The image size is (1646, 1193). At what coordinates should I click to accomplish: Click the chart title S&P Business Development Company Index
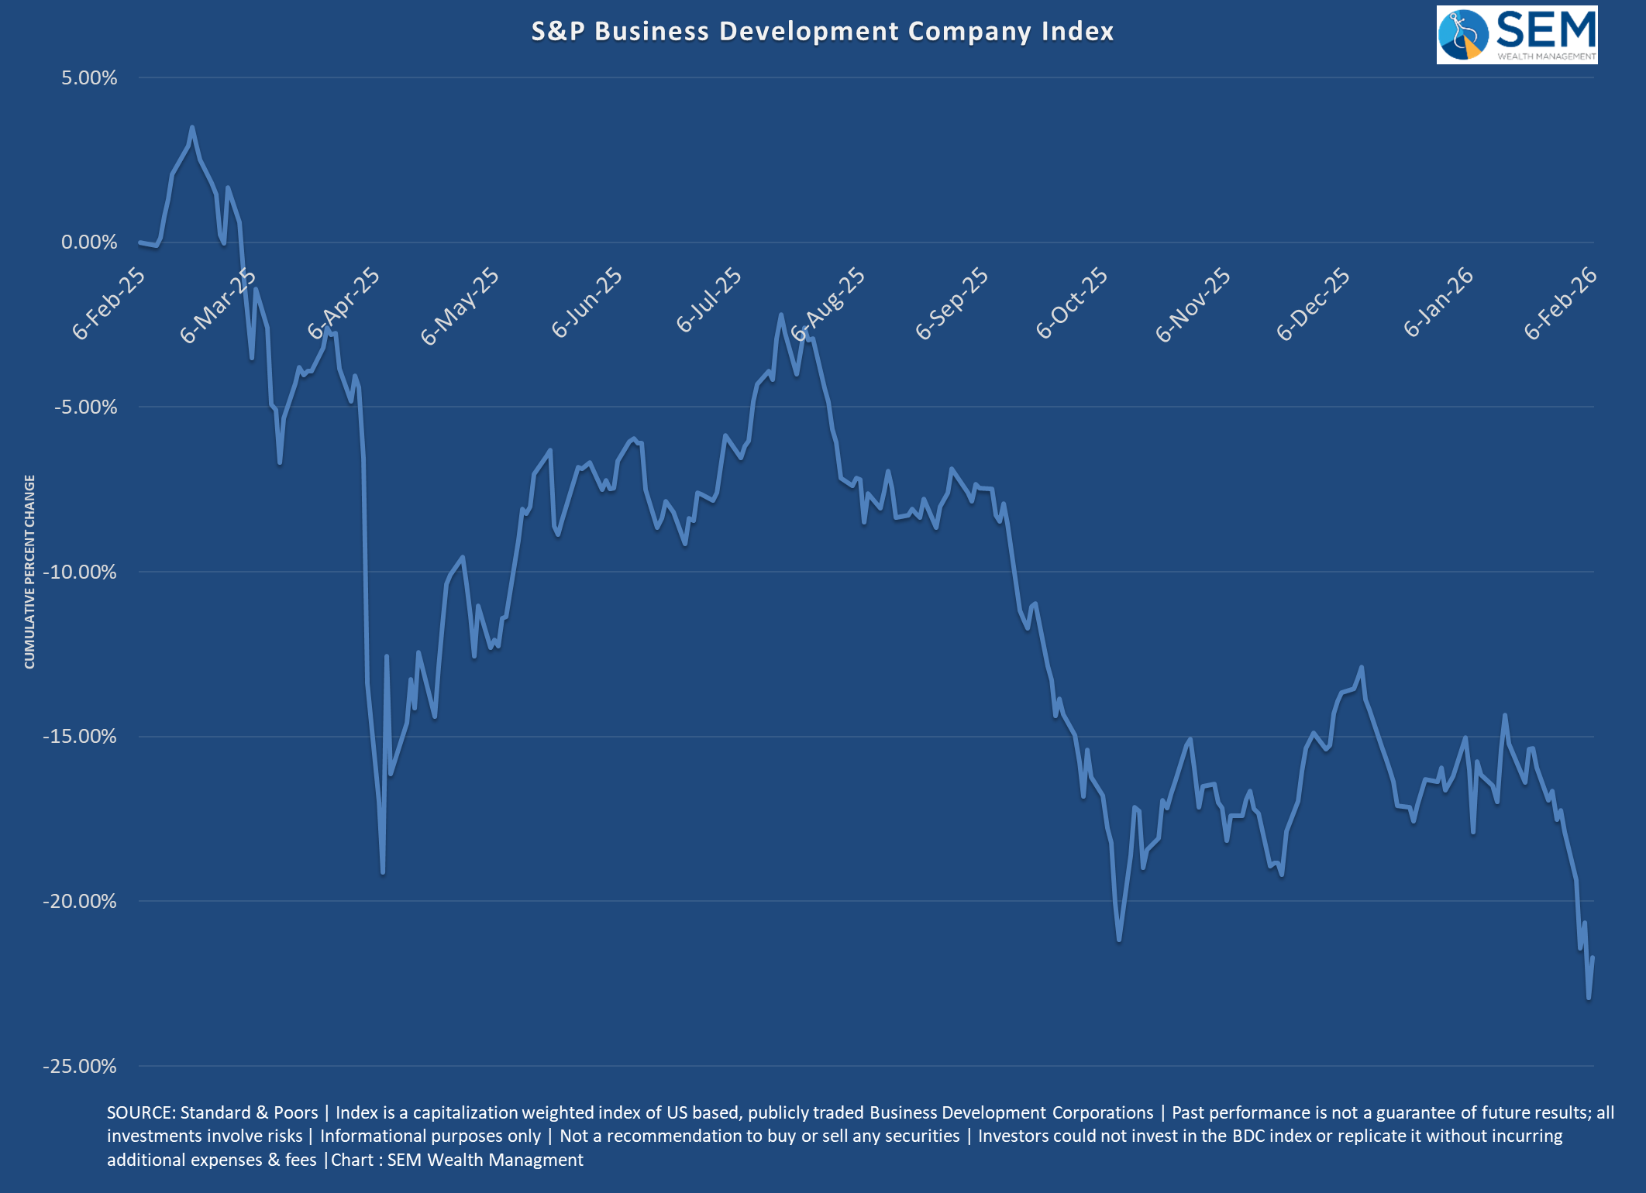point(822,31)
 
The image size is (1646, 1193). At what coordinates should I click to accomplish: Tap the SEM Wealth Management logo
point(1517,35)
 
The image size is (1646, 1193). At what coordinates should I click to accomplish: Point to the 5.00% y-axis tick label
point(89,77)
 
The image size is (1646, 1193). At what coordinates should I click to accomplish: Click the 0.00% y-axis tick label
point(89,242)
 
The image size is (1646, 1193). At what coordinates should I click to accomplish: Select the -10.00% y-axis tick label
point(80,572)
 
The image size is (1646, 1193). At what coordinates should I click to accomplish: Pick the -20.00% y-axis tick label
point(80,901)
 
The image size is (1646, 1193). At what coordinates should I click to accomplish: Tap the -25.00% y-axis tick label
point(80,1066)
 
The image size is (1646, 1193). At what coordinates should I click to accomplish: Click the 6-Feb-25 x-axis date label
point(108,304)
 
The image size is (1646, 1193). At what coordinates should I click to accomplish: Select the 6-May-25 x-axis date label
point(460,306)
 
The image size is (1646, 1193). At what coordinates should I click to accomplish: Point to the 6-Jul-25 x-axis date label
point(708,301)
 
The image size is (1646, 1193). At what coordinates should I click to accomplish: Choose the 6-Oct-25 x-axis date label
point(1072,304)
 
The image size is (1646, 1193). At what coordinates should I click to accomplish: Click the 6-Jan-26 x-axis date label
point(1438,302)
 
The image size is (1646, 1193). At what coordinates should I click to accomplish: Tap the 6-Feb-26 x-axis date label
point(1560,304)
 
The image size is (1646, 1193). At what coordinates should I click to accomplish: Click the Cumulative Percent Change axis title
point(29,572)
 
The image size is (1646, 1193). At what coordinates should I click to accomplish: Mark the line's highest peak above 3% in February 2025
point(192,127)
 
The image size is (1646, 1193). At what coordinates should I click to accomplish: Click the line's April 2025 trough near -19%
point(383,873)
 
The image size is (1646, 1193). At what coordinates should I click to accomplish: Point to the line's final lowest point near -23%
point(1589,998)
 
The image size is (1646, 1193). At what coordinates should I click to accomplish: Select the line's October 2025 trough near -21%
point(1119,940)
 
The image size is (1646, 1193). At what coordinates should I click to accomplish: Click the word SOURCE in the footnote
point(140,1112)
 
